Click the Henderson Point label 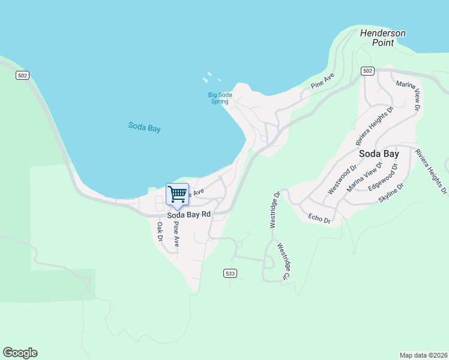click(x=382, y=38)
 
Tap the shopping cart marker click(x=177, y=194)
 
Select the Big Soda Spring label click(x=219, y=98)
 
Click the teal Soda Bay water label click(x=145, y=127)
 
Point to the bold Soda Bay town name click(x=379, y=154)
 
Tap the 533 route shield click(x=230, y=274)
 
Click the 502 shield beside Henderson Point click(x=368, y=71)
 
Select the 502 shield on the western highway click(x=23, y=76)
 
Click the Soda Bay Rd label click(x=189, y=214)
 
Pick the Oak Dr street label click(x=160, y=232)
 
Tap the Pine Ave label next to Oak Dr click(x=176, y=234)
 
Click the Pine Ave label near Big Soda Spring click(x=322, y=82)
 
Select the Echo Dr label click(x=319, y=218)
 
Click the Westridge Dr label click(x=274, y=210)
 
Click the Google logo click(x=20, y=353)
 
